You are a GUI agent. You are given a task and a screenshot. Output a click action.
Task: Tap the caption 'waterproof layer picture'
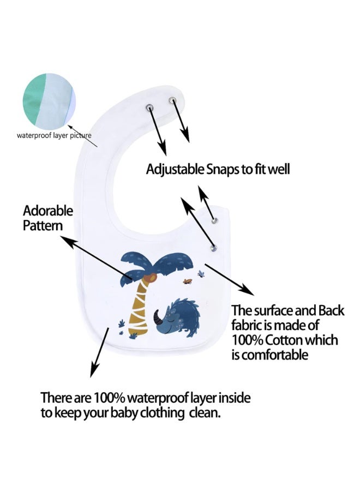coord(54,135)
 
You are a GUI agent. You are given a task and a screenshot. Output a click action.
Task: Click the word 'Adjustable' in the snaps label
coord(175,170)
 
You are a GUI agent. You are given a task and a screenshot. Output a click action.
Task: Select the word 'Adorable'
coord(48,211)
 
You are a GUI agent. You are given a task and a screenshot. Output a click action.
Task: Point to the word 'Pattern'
coord(43,226)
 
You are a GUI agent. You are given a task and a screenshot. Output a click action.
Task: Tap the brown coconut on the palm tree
coord(152,278)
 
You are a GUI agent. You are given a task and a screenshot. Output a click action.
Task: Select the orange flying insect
coord(187,281)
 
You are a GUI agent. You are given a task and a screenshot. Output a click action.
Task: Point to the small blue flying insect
coord(201,274)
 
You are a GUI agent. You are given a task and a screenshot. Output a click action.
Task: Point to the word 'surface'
coord(273,310)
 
